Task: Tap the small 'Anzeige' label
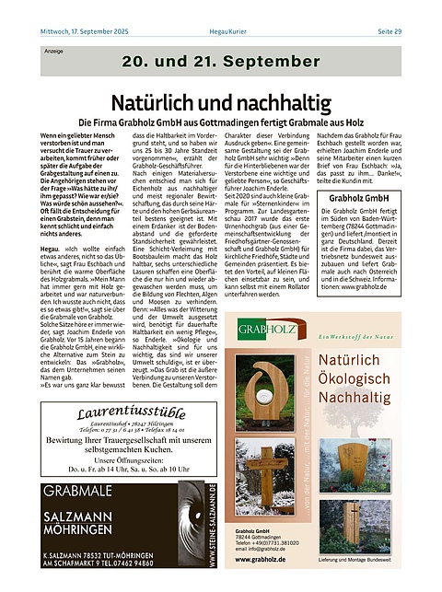click(x=54, y=52)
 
